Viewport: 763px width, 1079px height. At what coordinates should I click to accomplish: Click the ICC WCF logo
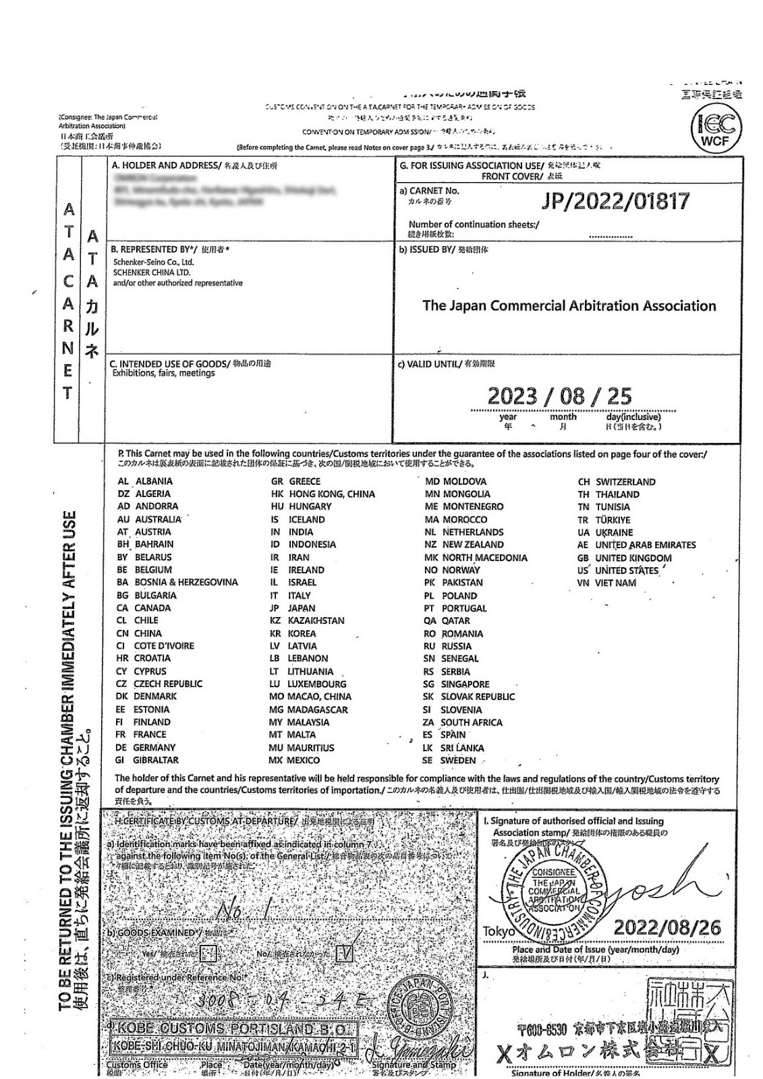(x=715, y=128)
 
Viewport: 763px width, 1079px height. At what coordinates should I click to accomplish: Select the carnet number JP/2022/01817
(x=615, y=201)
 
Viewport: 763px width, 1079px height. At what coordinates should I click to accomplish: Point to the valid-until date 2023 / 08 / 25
(x=559, y=396)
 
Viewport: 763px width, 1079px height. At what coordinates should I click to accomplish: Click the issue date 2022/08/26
(x=667, y=927)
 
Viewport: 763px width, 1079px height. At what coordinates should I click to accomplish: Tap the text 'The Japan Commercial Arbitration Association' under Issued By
(x=569, y=305)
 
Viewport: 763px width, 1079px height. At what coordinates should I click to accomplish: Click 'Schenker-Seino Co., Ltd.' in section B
(x=153, y=262)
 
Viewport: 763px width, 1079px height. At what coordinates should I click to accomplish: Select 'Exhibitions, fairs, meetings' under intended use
(x=163, y=373)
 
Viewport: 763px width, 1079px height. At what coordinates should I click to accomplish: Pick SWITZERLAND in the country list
(x=625, y=482)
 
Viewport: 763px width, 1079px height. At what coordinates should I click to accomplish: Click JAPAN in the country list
(x=301, y=608)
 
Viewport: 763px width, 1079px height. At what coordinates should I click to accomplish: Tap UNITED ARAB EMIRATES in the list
(x=645, y=545)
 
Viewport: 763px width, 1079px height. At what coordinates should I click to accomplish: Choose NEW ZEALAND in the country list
(x=472, y=544)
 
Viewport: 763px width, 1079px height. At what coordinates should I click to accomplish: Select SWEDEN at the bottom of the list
(x=458, y=760)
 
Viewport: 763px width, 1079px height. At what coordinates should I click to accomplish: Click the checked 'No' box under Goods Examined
(x=346, y=952)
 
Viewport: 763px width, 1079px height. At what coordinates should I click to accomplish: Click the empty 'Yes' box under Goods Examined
(x=209, y=954)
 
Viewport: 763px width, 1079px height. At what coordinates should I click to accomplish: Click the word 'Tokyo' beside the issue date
(x=499, y=931)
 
